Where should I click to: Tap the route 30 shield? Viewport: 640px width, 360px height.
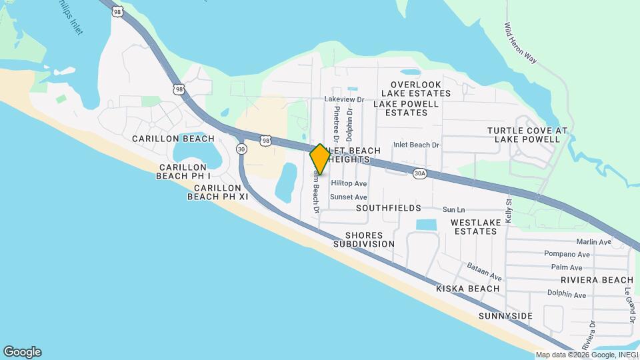[x=241, y=148]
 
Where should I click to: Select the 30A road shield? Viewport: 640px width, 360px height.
[x=419, y=173]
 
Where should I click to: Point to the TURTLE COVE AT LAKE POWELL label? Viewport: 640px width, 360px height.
[x=527, y=135]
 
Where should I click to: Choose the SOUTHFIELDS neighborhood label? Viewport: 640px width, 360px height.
[x=388, y=208]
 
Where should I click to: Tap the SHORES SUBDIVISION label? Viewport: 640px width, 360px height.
[x=364, y=240]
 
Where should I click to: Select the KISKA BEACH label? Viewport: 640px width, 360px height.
[x=467, y=289]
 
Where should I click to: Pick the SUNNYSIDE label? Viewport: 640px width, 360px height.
[x=505, y=315]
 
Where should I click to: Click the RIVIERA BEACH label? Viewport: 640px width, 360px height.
[x=597, y=279]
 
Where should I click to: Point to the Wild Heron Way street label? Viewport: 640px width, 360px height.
[x=521, y=44]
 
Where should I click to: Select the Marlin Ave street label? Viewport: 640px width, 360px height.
[x=595, y=242]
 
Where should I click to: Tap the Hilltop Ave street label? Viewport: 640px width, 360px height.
[x=349, y=183]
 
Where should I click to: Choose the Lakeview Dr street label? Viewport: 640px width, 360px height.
[x=344, y=99]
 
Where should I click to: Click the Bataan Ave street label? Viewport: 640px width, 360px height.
[x=484, y=271]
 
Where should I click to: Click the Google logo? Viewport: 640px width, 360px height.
[x=22, y=352]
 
